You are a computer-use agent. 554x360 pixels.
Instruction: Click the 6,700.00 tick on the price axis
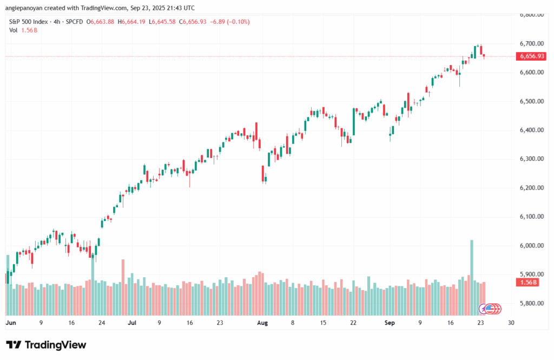coord(531,43)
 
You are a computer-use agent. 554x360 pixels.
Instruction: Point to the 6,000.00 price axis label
coord(531,246)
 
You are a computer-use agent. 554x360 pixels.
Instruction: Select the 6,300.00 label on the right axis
coord(531,159)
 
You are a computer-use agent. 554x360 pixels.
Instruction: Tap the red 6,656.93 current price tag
coord(531,56)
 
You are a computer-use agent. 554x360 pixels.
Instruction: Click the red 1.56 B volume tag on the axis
coord(528,283)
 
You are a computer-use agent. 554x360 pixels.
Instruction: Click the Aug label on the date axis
coord(262,323)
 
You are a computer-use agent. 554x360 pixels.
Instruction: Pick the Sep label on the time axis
coord(390,323)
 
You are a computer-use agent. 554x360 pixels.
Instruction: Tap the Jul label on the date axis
coord(131,323)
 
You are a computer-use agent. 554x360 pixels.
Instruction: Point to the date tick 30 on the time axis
coord(511,323)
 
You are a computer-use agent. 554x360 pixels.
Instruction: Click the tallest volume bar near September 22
coord(472,276)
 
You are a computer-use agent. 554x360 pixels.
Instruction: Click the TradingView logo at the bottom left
coord(46,345)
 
